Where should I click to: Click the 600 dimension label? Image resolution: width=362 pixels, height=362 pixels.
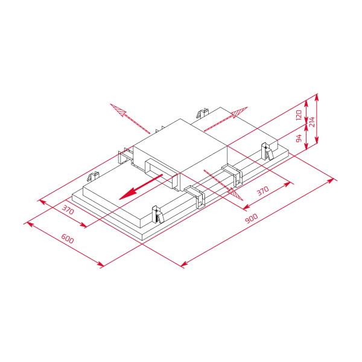tap(68, 238)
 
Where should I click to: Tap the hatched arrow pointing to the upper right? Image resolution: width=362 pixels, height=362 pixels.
tap(238, 113)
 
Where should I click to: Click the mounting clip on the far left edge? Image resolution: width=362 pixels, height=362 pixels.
tap(93, 176)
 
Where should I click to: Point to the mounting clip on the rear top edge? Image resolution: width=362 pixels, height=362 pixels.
tap(203, 113)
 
